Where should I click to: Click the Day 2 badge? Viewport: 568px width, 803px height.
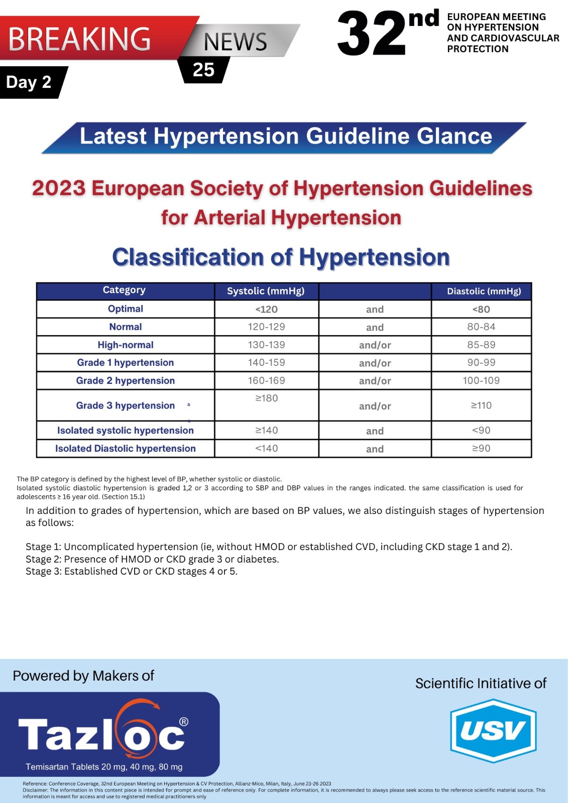[x=29, y=82]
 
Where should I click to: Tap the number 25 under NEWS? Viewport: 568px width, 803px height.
[x=203, y=70]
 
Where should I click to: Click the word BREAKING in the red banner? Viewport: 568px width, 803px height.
[x=79, y=39]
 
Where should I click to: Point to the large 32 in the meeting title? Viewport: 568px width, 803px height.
[x=372, y=34]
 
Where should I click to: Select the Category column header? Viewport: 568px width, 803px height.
[x=124, y=290]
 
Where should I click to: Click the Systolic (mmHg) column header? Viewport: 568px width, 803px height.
[x=266, y=291]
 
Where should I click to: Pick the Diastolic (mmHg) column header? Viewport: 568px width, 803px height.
[x=484, y=291]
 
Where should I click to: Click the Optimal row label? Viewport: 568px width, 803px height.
[x=126, y=309]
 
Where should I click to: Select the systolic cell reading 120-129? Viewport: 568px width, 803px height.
[x=266, y=327]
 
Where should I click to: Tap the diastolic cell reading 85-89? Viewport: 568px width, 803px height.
[x=481, y=345]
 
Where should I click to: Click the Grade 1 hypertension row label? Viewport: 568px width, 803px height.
[x=126, y=362]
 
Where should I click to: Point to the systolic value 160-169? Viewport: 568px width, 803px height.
[x=266, y=380]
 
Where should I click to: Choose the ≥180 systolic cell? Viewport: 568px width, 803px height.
[x=266, y=398]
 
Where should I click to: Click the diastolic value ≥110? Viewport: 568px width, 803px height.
[x=481, y=406]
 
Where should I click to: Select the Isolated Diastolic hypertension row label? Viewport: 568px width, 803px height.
[x=126, y=448]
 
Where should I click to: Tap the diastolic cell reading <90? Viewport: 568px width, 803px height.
[x=481, y=430]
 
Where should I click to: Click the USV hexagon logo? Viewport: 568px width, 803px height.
[x=493, y=731]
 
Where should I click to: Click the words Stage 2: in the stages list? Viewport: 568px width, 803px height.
[x=43, y=559]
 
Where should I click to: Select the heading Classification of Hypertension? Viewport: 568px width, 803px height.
[x=281, y=257]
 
